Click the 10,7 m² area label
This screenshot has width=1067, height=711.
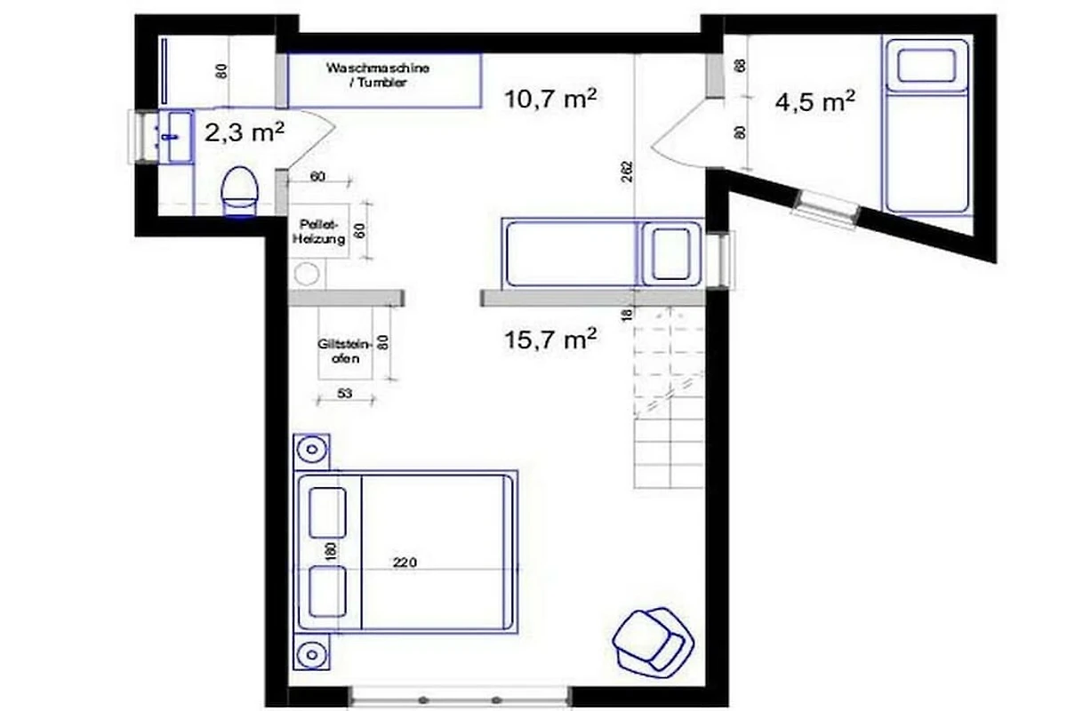(550, 99)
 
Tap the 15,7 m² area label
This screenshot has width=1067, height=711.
(550, 340)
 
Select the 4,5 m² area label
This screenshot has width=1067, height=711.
(815, 101)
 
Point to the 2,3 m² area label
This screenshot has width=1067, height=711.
(245, 132)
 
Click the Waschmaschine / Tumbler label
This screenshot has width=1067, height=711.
(378, 76)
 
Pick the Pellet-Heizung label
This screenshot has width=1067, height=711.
(318, 231)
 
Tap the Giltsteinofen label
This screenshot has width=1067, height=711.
(344, 351)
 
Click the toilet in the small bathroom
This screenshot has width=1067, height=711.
(240, 191)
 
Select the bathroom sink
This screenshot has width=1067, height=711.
(175, 137)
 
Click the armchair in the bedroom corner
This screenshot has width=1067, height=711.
(653, 642)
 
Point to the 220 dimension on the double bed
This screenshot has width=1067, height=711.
(405, 563)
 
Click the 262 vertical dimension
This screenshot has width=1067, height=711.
(628, 172)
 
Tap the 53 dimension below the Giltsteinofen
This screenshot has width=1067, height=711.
(345, 394)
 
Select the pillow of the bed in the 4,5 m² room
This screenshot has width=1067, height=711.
(927, 66)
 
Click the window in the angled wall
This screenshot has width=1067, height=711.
(826, 210)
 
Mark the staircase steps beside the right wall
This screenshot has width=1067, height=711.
(669, 398)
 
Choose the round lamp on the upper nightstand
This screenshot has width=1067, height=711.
(312, 449)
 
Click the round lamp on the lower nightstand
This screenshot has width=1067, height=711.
(312, 655)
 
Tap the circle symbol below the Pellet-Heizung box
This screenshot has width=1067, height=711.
(307, 274)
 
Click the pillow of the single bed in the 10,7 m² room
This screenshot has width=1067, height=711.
(670, 254)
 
